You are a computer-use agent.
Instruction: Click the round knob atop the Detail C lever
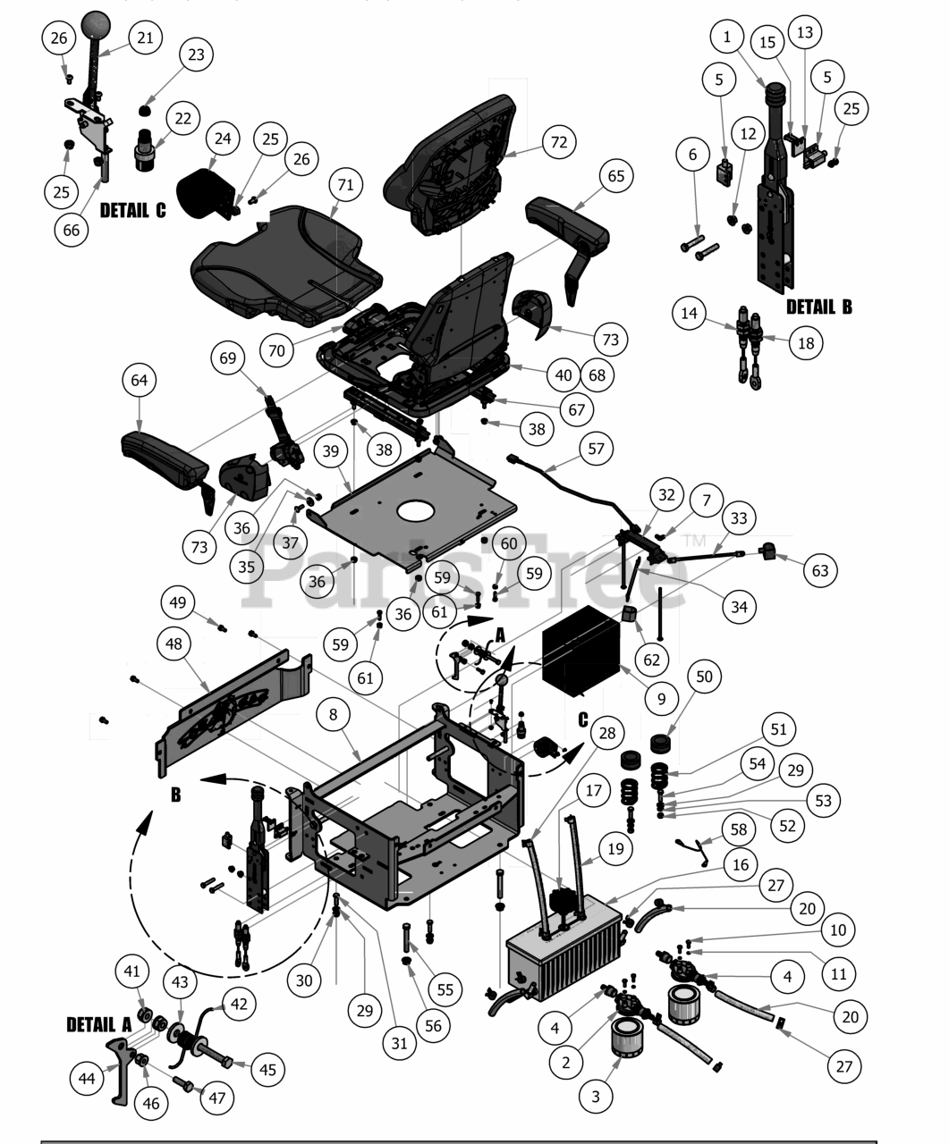pos(96,25)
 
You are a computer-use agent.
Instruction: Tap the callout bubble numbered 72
pos(559,142)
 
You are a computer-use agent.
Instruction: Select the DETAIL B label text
pos(819,307)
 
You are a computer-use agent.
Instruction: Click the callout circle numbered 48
pos(174,643)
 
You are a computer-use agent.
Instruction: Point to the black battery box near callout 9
pos(581,651)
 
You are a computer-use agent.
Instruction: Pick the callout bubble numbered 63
pos(820,571)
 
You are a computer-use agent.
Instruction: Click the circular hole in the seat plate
pos(417,512)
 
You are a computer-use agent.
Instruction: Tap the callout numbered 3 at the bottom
pos(596,1097)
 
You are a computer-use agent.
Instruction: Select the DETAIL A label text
pos(99,1024)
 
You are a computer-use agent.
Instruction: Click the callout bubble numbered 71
pos(345,185)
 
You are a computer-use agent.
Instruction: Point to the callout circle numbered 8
pos(334,714)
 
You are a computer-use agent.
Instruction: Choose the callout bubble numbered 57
pos(596,449)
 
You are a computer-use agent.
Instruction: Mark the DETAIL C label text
pos(132,210)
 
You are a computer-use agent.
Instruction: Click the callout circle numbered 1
pos(727,38)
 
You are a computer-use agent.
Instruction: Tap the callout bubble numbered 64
pos(140,380)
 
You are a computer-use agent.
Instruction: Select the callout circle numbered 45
pos(267,1070)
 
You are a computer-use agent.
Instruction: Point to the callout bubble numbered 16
pos(740,864)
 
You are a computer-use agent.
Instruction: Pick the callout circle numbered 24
pos(223,139)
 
